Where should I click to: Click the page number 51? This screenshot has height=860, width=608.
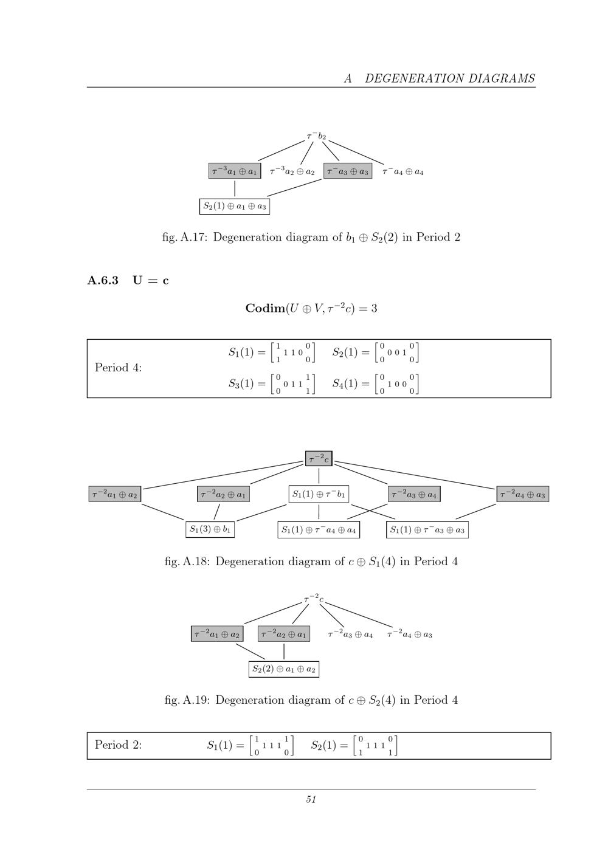[x=311, y=800]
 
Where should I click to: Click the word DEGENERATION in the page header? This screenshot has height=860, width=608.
[x=412, y=78]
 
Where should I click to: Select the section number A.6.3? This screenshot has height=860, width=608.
[x=103, y=281]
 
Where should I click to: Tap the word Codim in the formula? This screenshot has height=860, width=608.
[x=265, y=308]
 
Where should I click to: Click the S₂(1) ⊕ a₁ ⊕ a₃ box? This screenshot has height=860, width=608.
[x=234, y=206]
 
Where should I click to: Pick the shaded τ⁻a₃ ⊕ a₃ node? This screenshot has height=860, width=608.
[x=348, y=171]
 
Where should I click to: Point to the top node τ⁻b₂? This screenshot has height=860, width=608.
[x=316, y=136]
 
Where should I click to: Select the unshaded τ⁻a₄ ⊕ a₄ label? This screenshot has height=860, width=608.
[x=403, y=171]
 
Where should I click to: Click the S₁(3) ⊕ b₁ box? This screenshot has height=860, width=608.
[x=210, y=529]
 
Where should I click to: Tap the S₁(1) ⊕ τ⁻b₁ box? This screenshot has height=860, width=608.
[x=319, y=494]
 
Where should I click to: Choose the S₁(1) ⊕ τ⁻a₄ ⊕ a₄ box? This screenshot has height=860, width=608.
[x=319, y=530]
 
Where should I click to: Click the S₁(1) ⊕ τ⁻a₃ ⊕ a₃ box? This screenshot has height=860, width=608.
[x=427, y=530]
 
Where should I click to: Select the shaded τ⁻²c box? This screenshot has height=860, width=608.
[x=319, y=458]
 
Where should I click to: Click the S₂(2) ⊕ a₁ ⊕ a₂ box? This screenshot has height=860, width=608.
[x=283, y=669]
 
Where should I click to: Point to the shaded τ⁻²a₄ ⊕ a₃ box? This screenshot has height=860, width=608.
[x=523, y=494]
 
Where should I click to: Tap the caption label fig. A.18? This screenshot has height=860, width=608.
[x=187, y=562]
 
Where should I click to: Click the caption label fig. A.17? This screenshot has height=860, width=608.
[x=184, y=237]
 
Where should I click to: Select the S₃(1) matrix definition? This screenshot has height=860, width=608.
[x=272, y=383]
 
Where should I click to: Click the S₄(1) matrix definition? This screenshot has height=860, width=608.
[x=376, y=383]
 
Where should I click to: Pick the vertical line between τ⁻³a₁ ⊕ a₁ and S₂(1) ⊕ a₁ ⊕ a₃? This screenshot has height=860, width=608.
[x=235, y=188]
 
